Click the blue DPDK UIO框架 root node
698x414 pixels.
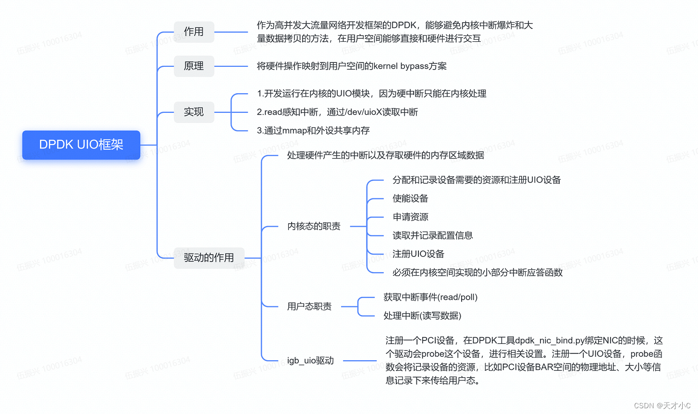tap(81, 145)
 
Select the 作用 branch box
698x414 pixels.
tap(194, 32)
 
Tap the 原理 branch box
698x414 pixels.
tap(194, 66)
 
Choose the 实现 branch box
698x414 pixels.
tap(194, 112)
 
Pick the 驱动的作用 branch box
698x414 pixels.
tap(209, 258)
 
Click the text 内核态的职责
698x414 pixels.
tap(314, 226)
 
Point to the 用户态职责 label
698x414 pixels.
tap(309, 306)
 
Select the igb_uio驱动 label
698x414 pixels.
tap(310, 360)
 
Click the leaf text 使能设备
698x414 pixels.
tap(410, 198)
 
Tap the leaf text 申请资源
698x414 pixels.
tap(410, 217)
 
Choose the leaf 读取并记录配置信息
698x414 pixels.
tap(432, 235)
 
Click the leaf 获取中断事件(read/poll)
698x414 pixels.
tap(430, 297)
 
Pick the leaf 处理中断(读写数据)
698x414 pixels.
tap(422, 316)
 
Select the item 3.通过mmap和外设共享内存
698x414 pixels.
tap(313, 131)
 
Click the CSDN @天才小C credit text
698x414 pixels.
tap(662, 405)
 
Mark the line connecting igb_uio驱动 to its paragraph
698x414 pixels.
tap(359, 360)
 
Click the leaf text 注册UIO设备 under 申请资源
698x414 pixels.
tap(418, 254)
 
